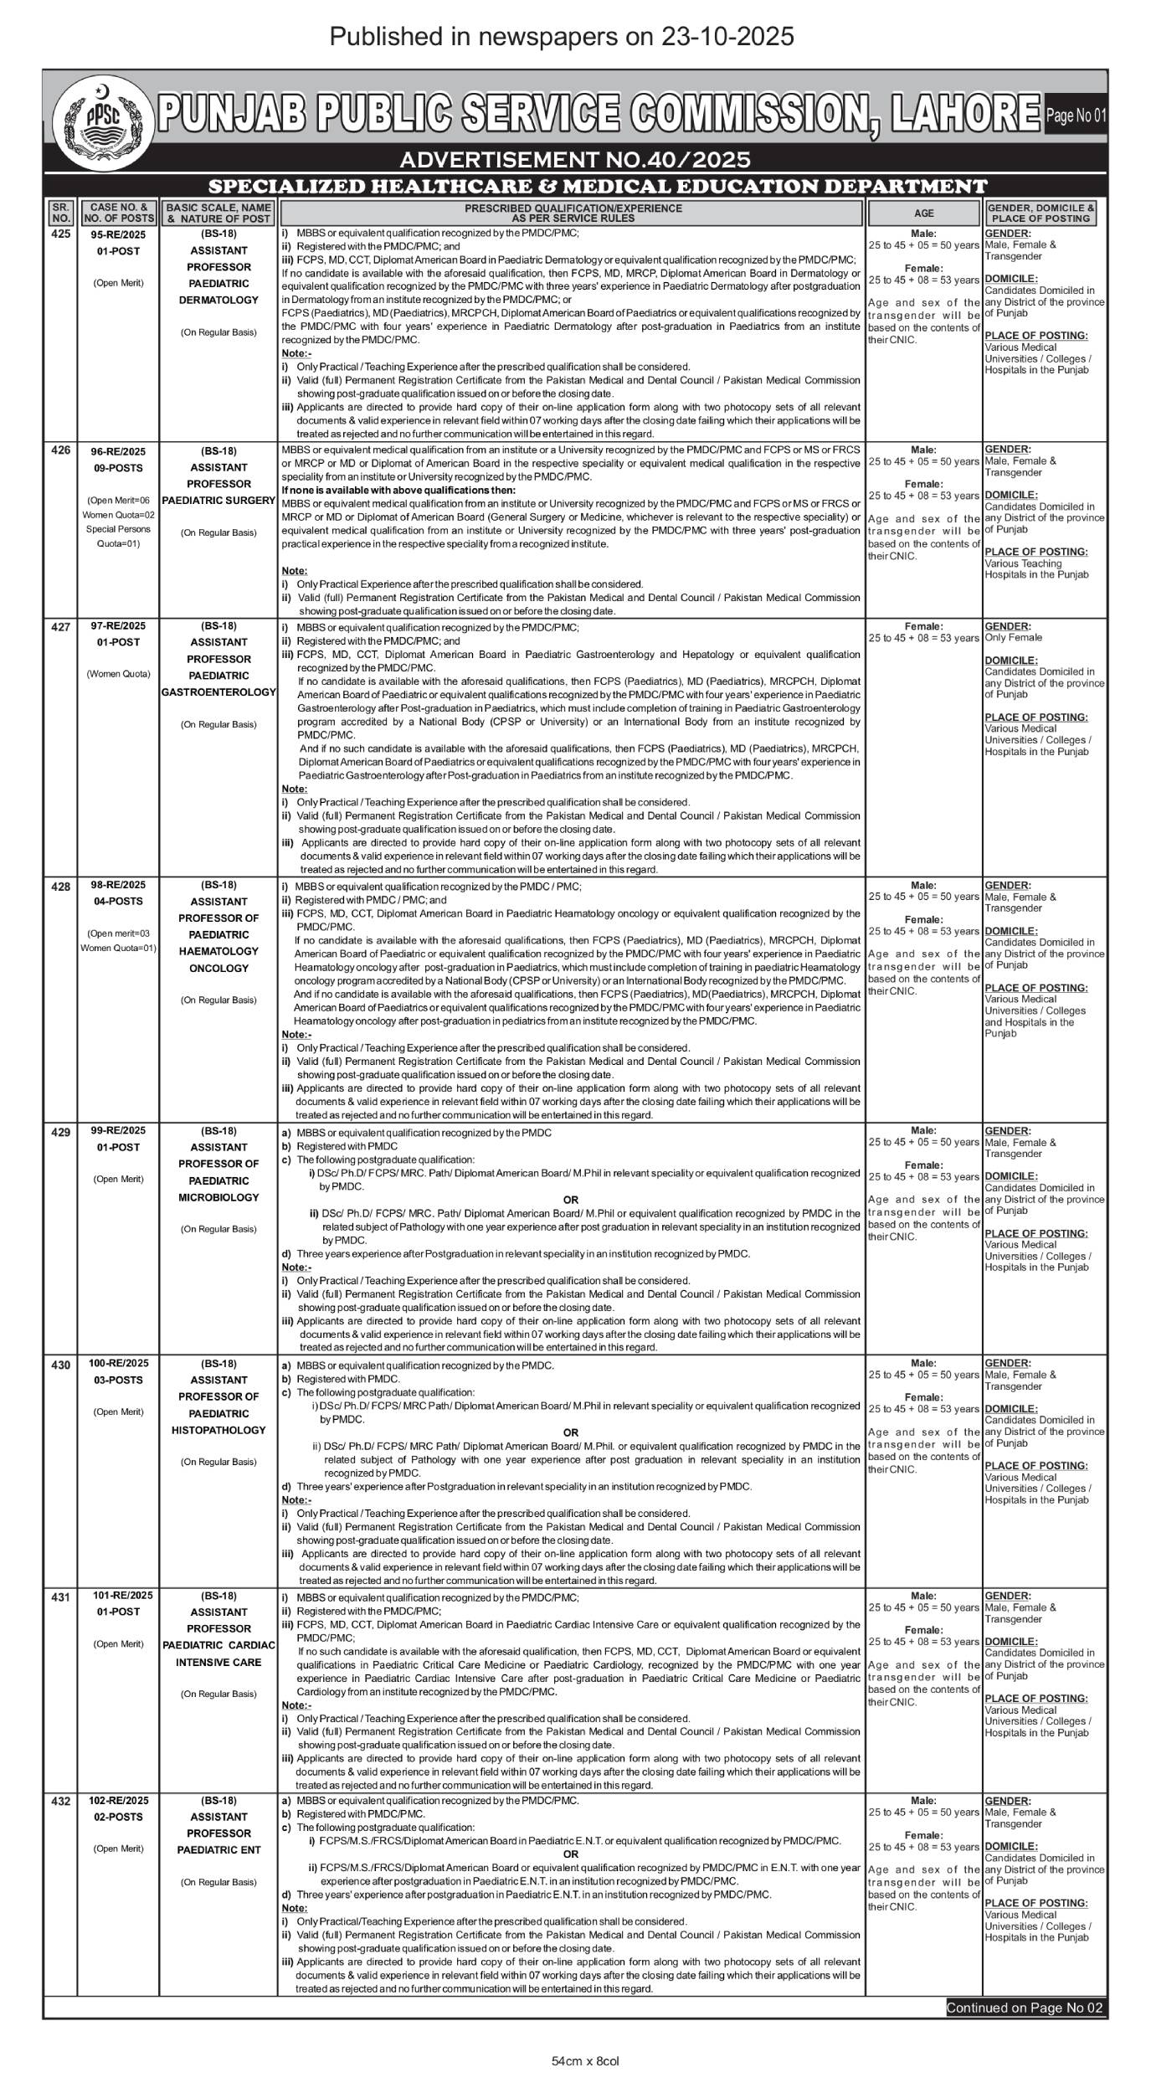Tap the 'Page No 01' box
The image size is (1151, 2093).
[x=1076, y=116]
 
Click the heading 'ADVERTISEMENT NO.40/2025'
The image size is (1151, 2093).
[x=574, y=159]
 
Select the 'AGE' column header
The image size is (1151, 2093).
[x=923, y=213]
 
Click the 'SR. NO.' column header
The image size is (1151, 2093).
[x=59, y=213]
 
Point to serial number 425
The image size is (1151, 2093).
[x=60, y=234]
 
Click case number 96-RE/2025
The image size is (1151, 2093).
[x=118, y=451]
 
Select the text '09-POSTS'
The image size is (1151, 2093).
[x=118, y=468]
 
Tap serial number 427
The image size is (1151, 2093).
[x=60, y=627]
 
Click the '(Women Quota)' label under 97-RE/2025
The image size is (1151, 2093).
[x=118, y=674]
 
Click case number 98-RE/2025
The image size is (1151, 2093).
[x=118, y=885]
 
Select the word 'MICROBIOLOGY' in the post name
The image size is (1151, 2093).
[x=219, y=1197]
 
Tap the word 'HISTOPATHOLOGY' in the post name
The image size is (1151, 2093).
[x=219, y=1430]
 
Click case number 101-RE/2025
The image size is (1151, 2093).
[x=123, y=1596]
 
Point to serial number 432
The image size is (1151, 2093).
[x=60, y=1801]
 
